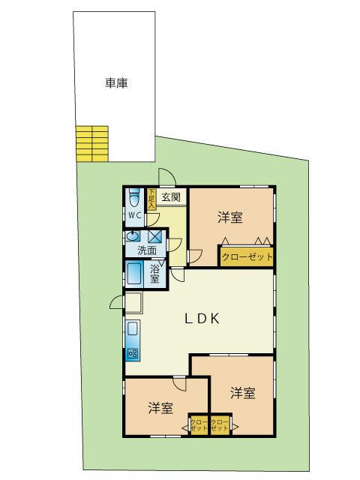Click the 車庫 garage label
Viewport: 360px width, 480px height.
[115, 84]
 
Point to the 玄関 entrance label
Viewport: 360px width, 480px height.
[172, 198]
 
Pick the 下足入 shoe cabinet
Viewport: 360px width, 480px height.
[151, 198]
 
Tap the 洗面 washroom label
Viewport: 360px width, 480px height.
[147, 250]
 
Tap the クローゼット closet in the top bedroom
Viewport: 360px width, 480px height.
[246, 256]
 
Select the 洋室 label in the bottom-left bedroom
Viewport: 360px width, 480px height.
[160, 408]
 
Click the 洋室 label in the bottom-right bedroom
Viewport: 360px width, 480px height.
[241, 392]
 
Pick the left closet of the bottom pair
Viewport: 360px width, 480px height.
[199, 426]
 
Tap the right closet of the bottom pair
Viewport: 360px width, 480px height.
[220, 426]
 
